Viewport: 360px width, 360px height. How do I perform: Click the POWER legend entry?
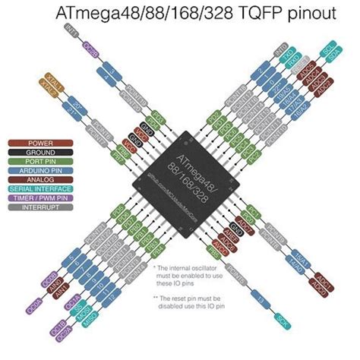pos(40,143)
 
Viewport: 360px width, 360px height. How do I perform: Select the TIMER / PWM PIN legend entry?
pos(40,197)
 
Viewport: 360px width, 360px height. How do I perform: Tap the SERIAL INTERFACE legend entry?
pos(40,188)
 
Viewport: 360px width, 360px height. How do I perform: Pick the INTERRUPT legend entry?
pos(40,207)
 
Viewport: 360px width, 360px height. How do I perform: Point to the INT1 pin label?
pos(70,31)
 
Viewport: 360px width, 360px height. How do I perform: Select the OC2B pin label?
pos(88,48)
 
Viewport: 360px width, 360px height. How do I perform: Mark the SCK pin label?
pos(283,317)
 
